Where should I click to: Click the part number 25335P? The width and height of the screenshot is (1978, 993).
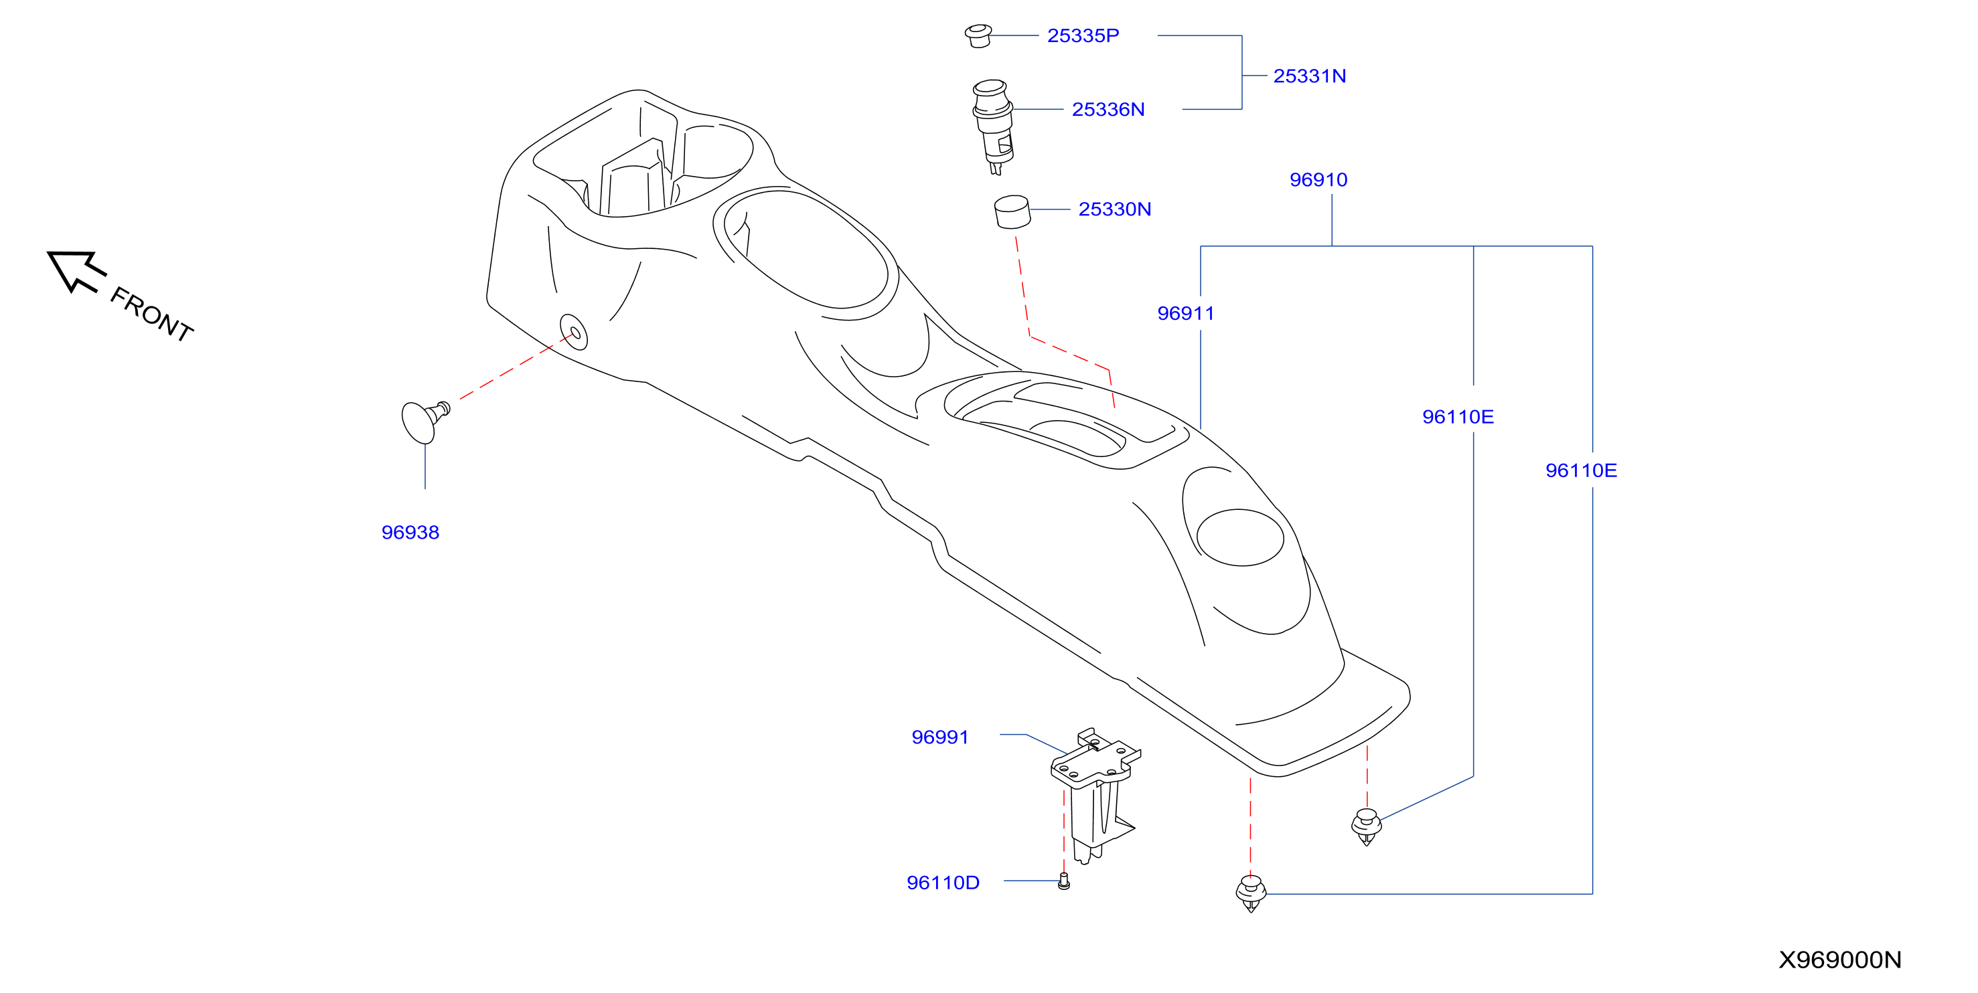tap(1083, 35)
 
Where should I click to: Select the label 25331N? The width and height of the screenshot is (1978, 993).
tap(1309, 76)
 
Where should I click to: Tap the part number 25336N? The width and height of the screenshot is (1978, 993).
tap(1108, 110)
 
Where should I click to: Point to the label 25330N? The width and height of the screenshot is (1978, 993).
tap(1114, 209)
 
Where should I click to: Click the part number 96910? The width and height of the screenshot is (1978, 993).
tap(1318, 179)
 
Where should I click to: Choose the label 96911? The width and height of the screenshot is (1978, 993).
tap(1186, 313)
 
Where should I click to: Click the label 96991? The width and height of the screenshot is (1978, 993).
tap(940, 737)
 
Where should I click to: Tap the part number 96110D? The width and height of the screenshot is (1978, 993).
tap(943, 883)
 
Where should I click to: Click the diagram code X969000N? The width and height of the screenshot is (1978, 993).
tap(1840, 960)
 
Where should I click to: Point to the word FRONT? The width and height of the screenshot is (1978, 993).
tap(152, 314)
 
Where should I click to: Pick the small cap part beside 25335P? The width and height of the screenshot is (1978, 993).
tap(978, 35)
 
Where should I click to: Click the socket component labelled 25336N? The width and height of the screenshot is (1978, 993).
tap(993, 126)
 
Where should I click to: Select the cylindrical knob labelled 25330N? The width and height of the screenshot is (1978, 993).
tap(1012, 212)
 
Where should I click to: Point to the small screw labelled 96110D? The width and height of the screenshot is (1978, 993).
tap(1063, 882)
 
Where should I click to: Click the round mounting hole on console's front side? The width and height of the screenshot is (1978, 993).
tap(574, 331)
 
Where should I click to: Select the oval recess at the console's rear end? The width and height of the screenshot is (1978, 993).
tap(1240, 538)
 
